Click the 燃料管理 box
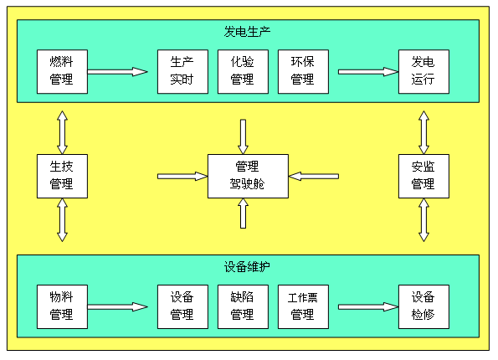pos(62,71)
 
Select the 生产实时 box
pos(183,71)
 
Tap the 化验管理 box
pos(243,71)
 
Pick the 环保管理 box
pos(303,71)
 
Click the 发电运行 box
pos(424,71)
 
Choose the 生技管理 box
pos(62,177)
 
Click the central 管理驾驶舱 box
pos(248,177)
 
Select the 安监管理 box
pos(424,177)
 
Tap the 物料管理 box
pos(62,306)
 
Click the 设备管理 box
pos(183,306)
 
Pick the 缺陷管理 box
pos(243,306)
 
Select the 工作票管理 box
pos(303,306)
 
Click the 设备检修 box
pos(424,306)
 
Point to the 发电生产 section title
pos(247,32)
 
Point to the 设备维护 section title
pos(247,267)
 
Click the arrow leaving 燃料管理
pos(117,72)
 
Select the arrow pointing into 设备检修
pos(368,307)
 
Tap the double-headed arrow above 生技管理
pos(62,132)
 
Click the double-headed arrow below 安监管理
pos(424,220)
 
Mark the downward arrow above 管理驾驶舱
pos(243,137)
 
